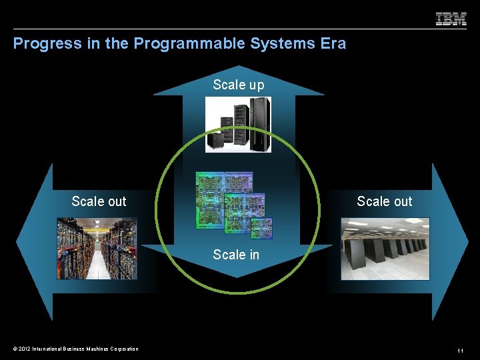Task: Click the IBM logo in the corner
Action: tap(451, 19)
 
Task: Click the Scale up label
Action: tap(239, 85)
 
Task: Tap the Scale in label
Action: tap(236, 254)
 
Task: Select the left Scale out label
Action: tap(99, 201)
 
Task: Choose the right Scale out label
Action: tap(385, 201)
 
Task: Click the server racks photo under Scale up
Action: tap(238, 125)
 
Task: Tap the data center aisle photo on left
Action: tap(97, 248)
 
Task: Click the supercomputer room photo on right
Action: tap(385, 249)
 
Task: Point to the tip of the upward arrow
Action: tap(239, 67)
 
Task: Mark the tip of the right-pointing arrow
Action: tap(467, 243)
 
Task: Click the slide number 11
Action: tap(460, 350)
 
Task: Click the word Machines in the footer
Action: tap(91, 349)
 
